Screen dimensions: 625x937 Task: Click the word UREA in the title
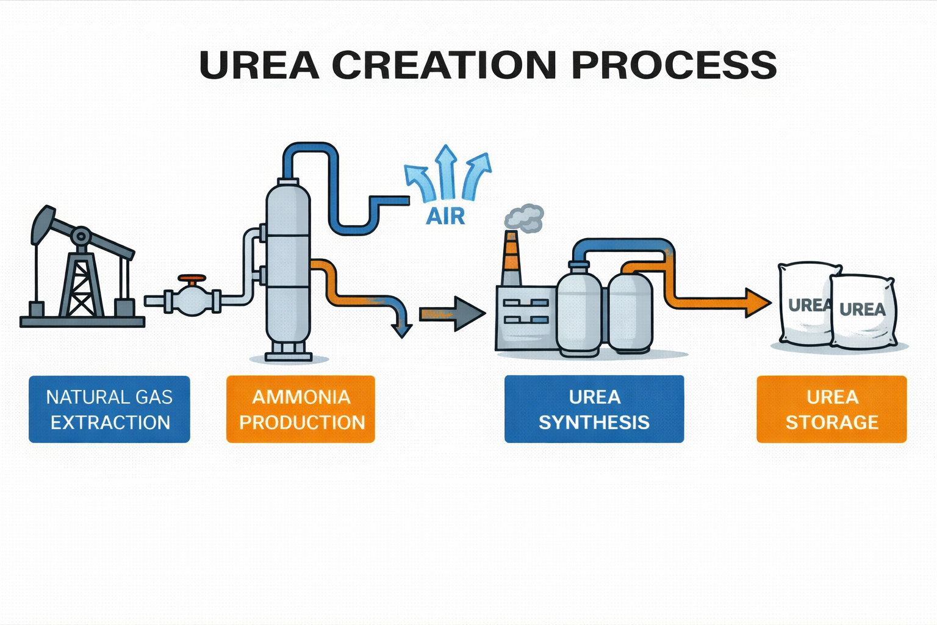point(259,65)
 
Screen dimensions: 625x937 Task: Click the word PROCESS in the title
point(674,65)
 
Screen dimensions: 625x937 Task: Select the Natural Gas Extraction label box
point(109,409)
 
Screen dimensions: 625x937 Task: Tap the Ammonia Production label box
point(301,409)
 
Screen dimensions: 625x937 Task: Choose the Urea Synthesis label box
point(594,409)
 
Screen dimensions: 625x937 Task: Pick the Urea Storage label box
point(831,409)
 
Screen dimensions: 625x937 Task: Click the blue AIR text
point(445,216)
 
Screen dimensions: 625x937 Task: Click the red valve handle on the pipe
point(192,280)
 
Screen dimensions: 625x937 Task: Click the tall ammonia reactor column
point(288,269)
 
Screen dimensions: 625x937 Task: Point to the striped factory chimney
point(511,259)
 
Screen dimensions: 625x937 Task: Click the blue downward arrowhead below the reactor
point(402,330)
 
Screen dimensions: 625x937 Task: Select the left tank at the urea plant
point(578,311)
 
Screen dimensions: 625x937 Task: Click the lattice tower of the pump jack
point(81,284)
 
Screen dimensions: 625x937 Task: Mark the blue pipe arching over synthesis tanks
point(622,245)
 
